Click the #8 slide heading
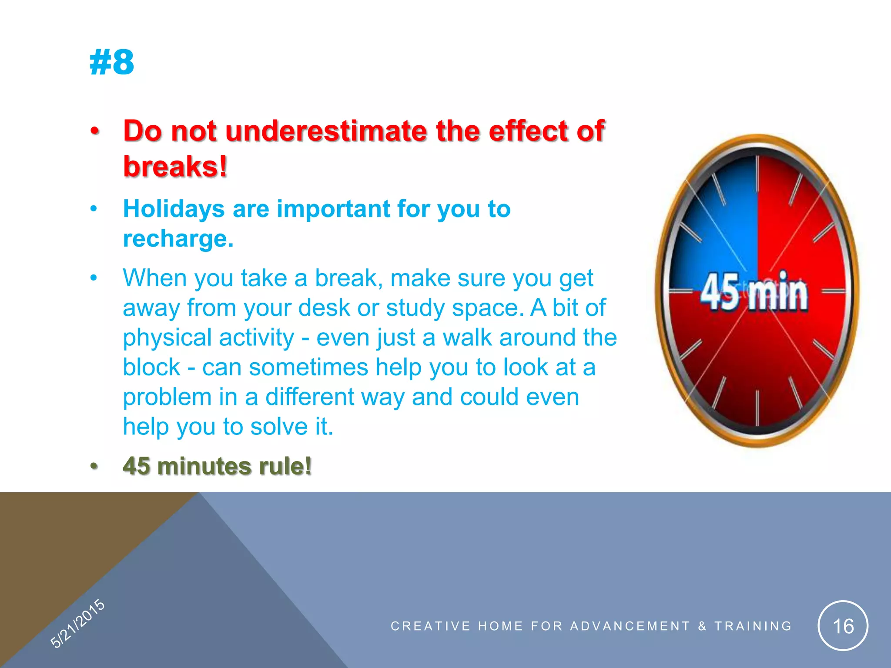pyautogui.click(x=112, y=63)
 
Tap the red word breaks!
pyautogui.click(x=175, y=167)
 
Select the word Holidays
pyautogui.click(x=174, y=209)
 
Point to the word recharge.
pyautogui.click(x=178, y=239)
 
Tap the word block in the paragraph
pyautogui.click(x=151, y=367)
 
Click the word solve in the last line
pyautogui.click(x=278, y=427)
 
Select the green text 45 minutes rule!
pyautogui.click(x=217, y=466)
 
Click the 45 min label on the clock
pyautogui.click(x=754, y=293)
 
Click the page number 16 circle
pyautogui.click(x=843, y=626)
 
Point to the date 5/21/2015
pyautogui.click(x=77, y=623)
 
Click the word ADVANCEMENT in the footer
pyautogui.click(x=630, y=626)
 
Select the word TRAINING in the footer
pyautogui.click(x=753, y=626)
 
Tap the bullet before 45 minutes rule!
pyautogui.click(x=94, y=466)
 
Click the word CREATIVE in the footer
pyautogui.click(x=430, y=626)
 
